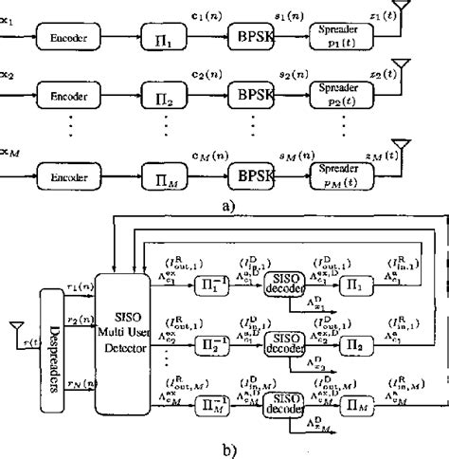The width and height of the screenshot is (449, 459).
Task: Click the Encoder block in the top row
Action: pyautogui.click(x=67, y=39)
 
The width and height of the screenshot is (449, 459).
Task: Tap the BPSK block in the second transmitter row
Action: pyautogui.click(x=250, y=96)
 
